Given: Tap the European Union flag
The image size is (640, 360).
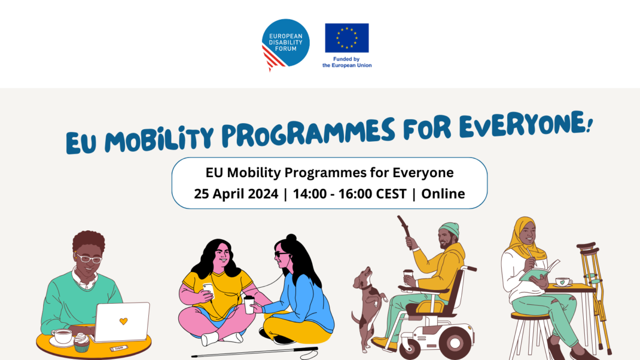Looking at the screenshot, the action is click(x=347, y=38).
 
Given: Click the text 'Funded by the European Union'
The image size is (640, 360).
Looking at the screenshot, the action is click(x=347, y=62).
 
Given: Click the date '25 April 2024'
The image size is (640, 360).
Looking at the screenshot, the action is click(x=236, y=194).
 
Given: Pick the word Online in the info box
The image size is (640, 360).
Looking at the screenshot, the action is click(x=443, y=194).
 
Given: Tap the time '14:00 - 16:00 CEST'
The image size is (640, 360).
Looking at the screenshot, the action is click(x=350, y=194).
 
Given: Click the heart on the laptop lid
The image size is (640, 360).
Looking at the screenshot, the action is click(x=124, y=321).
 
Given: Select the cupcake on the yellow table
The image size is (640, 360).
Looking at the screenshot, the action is click(x=82, y=342).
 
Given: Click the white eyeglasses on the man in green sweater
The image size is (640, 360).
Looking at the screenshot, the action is click(x=89, y=258).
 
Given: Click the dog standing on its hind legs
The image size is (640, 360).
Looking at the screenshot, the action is click(x=368, y=307).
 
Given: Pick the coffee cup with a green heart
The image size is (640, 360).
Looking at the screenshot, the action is click(x=563, y=282).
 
